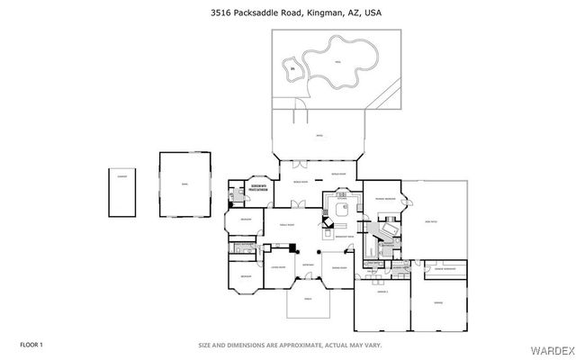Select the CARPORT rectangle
pos(121,191)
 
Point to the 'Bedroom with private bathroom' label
pos(259,190)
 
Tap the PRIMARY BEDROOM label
pos(386,198)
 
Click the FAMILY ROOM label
pos(286,223)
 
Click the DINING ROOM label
pos(339,267)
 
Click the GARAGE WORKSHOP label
pos(448,269)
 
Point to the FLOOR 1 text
pos(31,345)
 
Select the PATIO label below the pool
pos(319,136)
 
